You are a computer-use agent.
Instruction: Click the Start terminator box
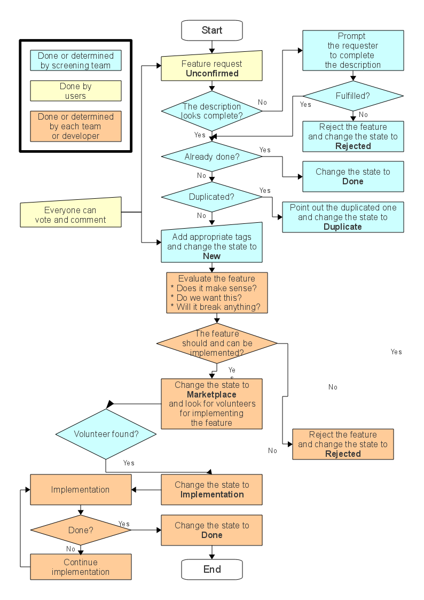212,30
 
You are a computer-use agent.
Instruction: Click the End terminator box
212,569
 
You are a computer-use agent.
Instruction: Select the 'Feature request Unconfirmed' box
212,68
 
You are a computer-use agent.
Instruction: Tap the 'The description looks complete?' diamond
212,111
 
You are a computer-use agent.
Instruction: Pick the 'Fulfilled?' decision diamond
353,96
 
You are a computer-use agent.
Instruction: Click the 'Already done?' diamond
212,157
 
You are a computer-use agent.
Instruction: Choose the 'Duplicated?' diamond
212,197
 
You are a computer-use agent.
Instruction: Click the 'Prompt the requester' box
353,50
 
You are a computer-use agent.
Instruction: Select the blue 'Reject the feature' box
353,136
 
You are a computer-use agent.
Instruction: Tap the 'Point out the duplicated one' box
343,217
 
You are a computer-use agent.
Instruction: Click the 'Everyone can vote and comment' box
70,215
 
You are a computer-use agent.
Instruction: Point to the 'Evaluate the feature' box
216,293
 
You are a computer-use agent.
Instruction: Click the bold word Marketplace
212,394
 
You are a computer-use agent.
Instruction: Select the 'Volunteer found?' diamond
106,434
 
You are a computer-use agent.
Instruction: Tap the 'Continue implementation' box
81,567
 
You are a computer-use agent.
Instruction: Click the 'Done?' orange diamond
81,531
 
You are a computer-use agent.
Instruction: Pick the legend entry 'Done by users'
75,91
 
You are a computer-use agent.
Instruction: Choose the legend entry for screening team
75,60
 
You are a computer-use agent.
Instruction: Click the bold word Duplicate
343,227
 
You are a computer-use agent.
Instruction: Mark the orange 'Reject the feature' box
343,444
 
